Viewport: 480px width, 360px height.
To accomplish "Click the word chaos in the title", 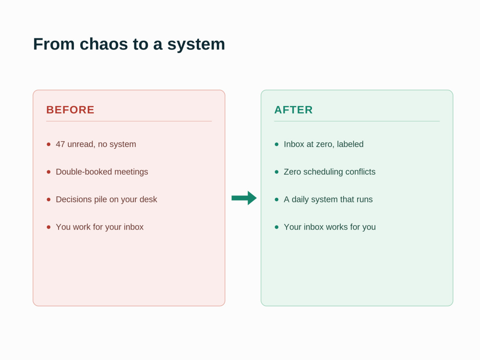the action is coord(104,44).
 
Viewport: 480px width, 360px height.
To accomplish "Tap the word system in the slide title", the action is coord(196,45).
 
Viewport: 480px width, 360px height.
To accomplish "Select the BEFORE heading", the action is coord(70,110).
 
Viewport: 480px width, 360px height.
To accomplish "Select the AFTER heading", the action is coord(293,110).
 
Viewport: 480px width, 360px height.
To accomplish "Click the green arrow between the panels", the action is coord(244,198).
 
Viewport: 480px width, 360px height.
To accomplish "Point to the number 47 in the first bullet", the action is coord(60,144).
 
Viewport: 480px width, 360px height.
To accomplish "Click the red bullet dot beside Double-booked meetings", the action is coord(48,172).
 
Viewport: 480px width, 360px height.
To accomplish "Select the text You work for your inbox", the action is coord(99,227).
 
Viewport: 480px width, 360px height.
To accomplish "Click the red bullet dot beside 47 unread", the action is coord(48,144).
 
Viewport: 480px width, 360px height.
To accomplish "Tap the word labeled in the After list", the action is coord(350,144).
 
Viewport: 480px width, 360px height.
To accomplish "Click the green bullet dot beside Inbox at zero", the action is coord(277,144).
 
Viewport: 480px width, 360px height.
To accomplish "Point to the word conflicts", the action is coord(360,172).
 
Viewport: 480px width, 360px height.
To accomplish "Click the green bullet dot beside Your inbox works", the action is coord(277,227).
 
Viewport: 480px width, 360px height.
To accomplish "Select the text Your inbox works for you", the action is coord(330,227).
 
